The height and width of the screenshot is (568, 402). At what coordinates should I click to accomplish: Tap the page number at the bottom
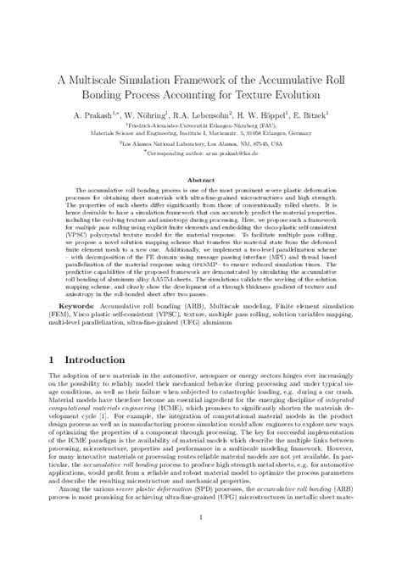point(201,541)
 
